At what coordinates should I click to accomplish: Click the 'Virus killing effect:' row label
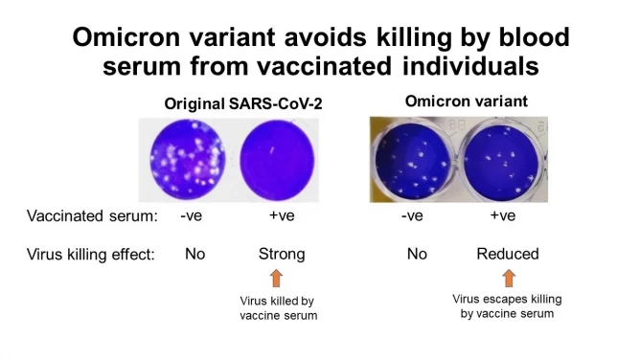(x=90, y=254)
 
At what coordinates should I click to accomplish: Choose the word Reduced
(x=508, y=254)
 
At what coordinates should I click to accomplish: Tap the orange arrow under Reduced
(x=508, y=279)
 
